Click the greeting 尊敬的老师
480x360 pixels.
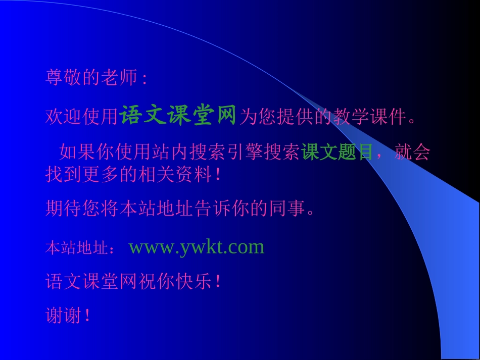click(x=91, y=78)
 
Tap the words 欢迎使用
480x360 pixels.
click(x=82, y=117)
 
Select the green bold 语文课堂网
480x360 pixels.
click(x=178, y=116)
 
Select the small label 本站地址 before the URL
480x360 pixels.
click(x=76, y=248)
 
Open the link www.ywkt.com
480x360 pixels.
click(x=197, y=247)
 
